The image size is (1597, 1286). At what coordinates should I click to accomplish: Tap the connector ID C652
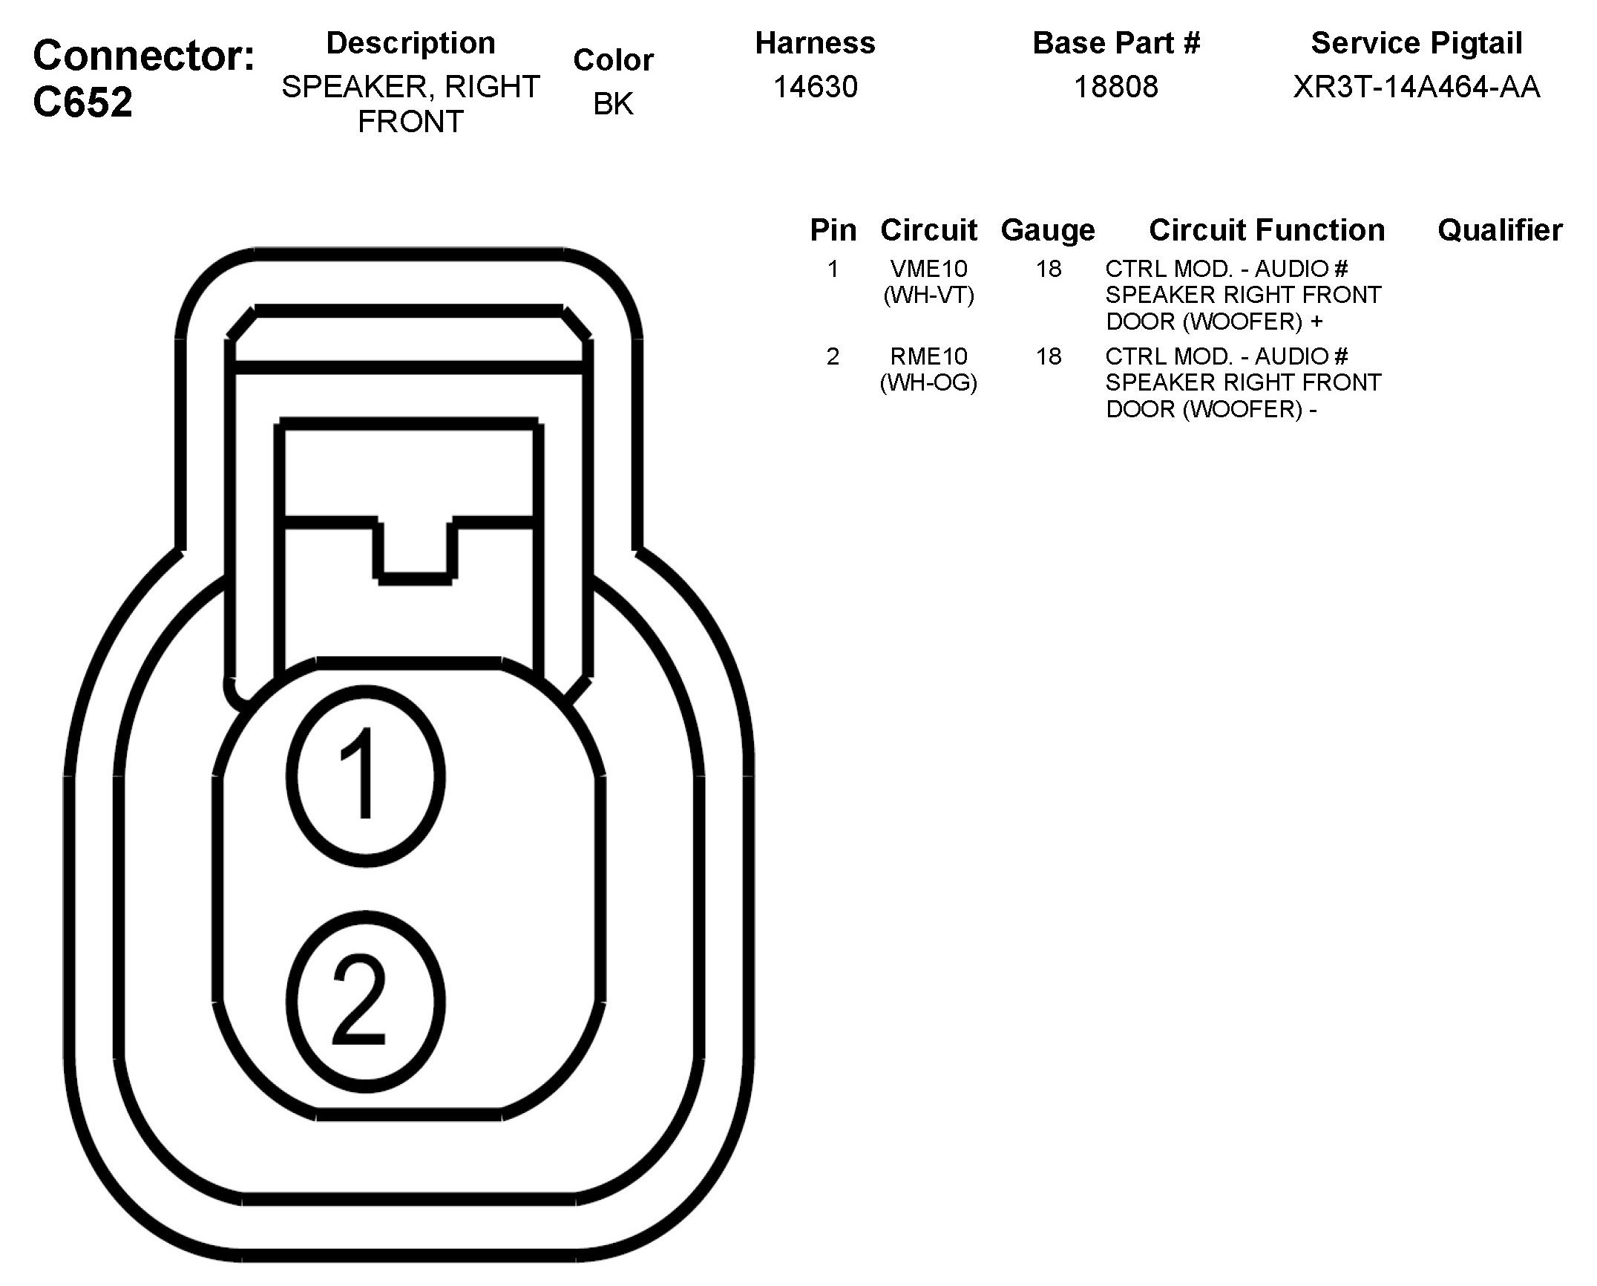[x=82, y=102]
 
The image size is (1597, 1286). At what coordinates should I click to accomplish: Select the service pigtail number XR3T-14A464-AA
[x=1416, y=87]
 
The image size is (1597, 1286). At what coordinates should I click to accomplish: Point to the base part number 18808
[x=1115, y=87]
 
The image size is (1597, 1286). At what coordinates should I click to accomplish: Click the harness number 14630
[x=815, y=87]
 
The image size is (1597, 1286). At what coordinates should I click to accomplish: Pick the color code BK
[x=613, y=104]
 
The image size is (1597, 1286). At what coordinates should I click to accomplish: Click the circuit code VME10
[x=928, y=269]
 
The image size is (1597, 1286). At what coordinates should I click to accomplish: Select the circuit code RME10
[x=928, y=356]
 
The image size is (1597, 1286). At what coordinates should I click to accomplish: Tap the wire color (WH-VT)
[x=928, y=296]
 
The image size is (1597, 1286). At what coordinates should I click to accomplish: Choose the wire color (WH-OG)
[x=928, y=383]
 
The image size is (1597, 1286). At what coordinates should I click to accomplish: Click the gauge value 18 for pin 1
[x=1048, y=269]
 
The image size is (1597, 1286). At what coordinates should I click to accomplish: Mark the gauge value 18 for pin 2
[x=1048, y=356]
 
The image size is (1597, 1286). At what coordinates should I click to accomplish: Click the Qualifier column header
[x=1499, y=230]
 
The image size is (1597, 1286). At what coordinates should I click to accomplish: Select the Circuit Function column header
[x=1266, y=230]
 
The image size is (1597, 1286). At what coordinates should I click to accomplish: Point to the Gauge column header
[x=1047, y=230]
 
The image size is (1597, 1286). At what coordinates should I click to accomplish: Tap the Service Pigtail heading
[x=1416, y=43]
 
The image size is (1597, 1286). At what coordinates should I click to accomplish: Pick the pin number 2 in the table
[x=833, y=356]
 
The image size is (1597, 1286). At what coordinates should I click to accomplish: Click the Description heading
[x=410, y=43]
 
